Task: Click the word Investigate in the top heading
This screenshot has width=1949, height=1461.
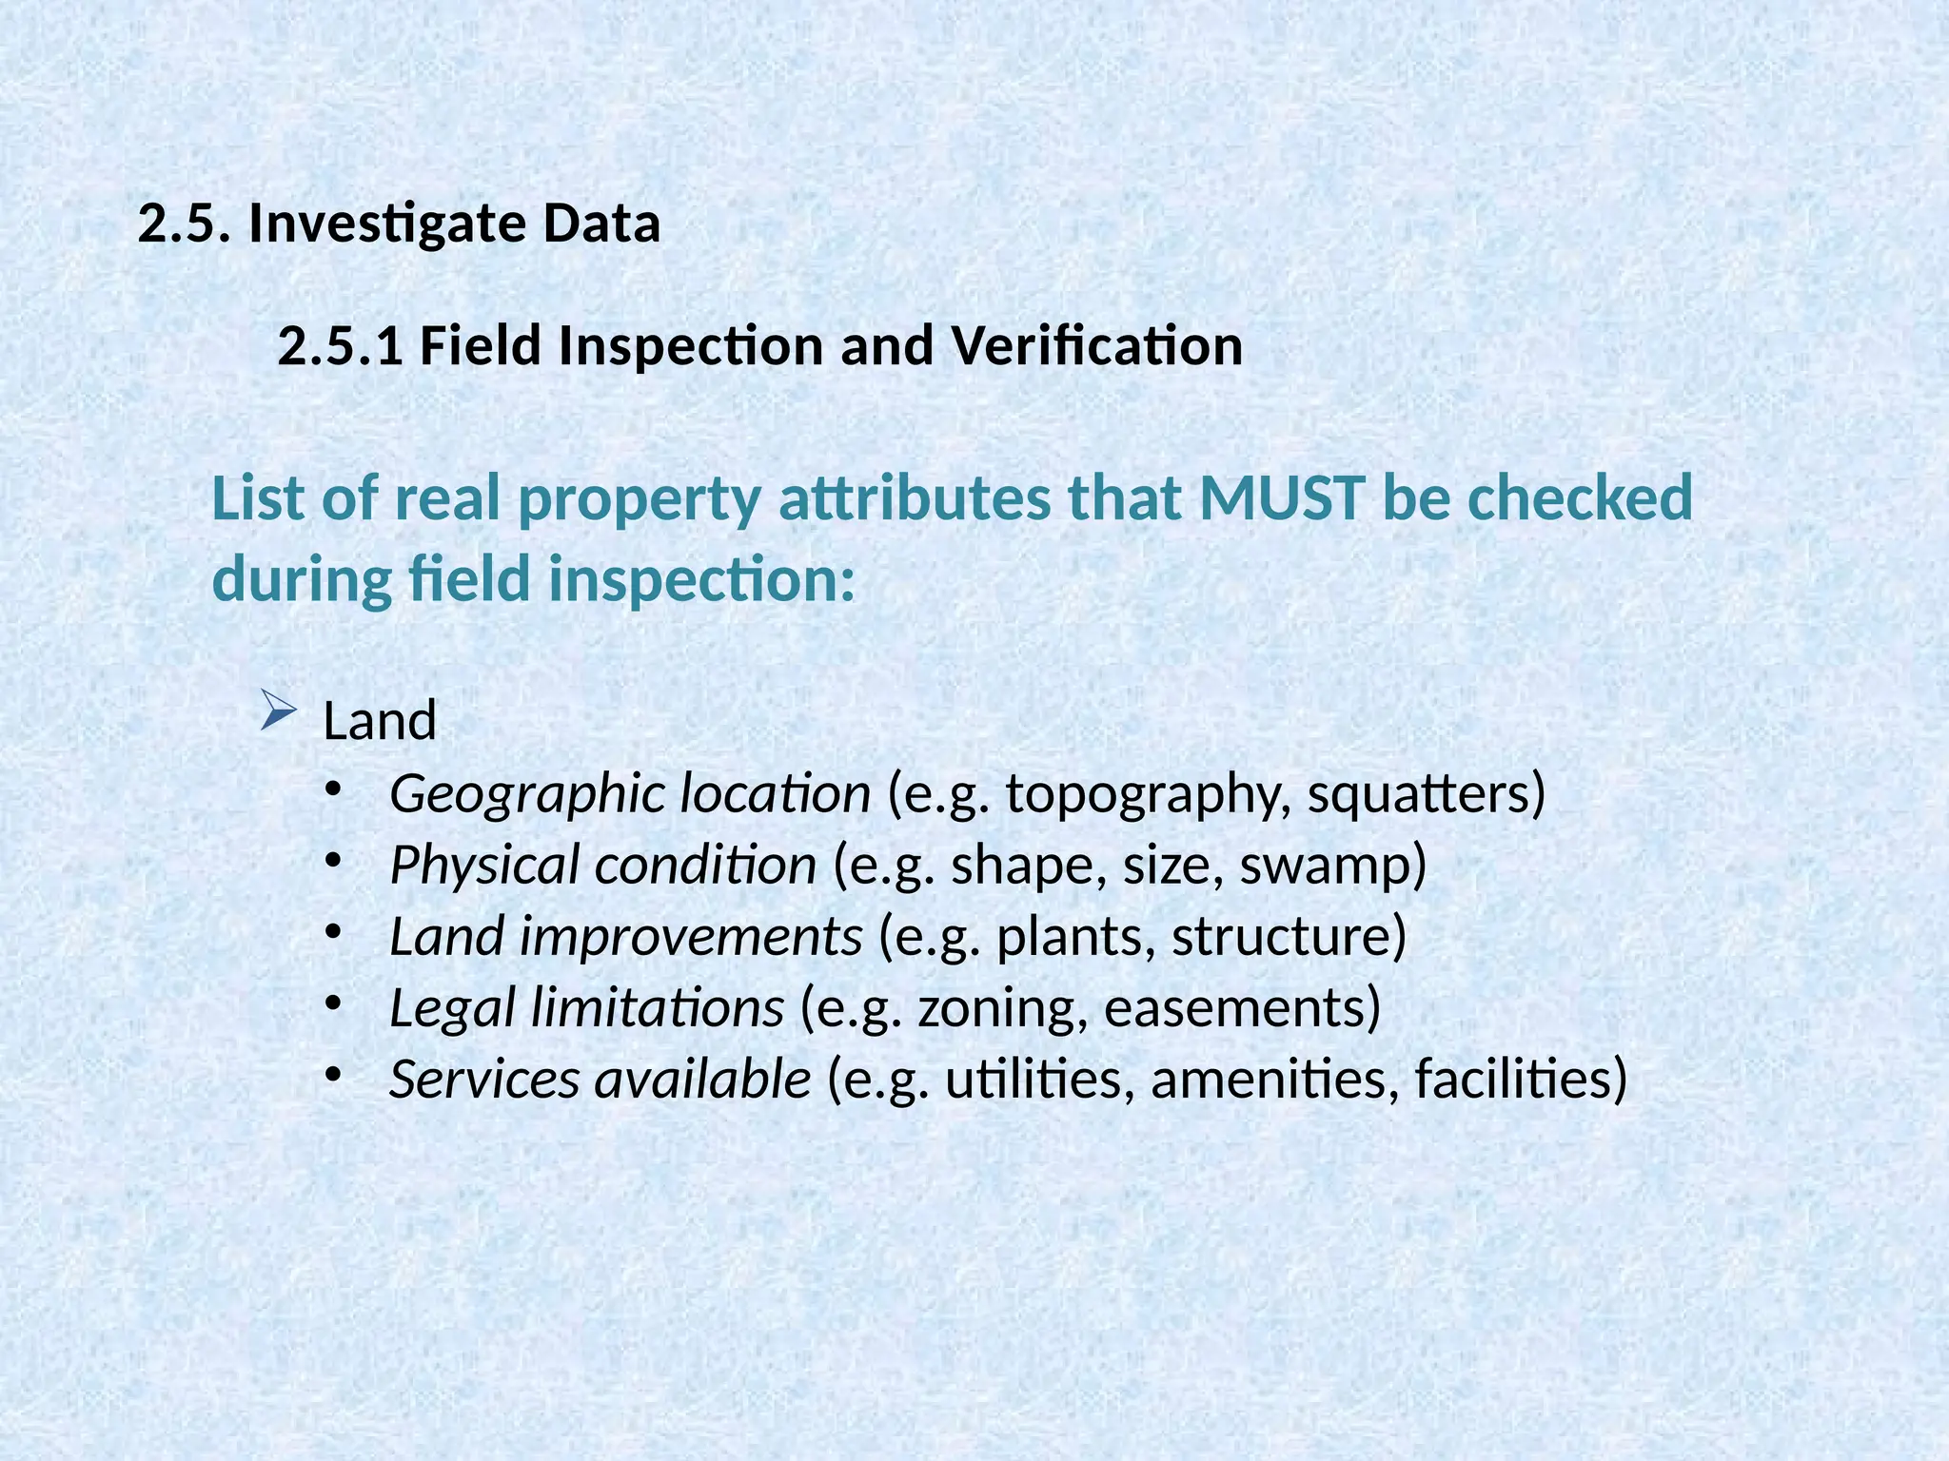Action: click(x=386, y=224)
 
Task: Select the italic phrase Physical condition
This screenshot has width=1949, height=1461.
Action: click(x=602, y=867)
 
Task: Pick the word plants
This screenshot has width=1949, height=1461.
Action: click(x=1075, y=938)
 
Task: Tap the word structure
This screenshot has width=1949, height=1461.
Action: click(x=1281, y=938)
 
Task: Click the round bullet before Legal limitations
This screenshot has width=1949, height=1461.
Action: click(x=332, y=1003)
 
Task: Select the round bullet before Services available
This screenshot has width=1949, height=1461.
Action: click(x=332, y=1074)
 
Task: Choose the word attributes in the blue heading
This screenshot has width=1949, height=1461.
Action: click(x=915, y=498)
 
